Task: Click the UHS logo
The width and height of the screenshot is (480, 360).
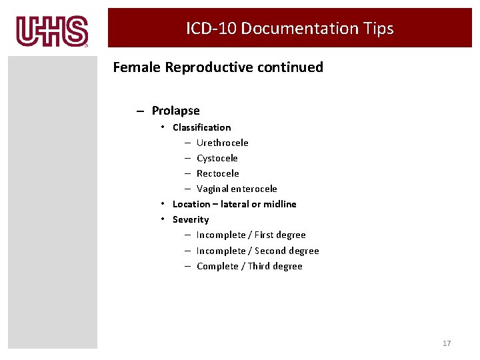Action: (x=52, y=31)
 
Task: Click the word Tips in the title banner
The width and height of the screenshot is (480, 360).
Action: (x=378, y=29)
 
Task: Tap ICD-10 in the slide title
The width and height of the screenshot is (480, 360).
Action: (x=211, y=29)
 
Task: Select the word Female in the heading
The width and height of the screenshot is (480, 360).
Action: (x=137, y=67)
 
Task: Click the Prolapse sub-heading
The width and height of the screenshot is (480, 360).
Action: (x=175, y=111)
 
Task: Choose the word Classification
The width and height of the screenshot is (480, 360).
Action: (x=201, y=127)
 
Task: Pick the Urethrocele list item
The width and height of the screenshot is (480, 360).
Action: (x=222, y=143)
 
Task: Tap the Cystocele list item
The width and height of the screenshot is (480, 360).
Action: (x=217, y=158)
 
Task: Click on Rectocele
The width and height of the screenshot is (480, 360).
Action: (x=217, y=173)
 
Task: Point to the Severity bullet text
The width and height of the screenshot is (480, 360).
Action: (x=191, y=219)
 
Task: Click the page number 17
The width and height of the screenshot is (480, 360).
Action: (x=447, y=343)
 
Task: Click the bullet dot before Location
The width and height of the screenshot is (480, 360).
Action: (x=163, y=204)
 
